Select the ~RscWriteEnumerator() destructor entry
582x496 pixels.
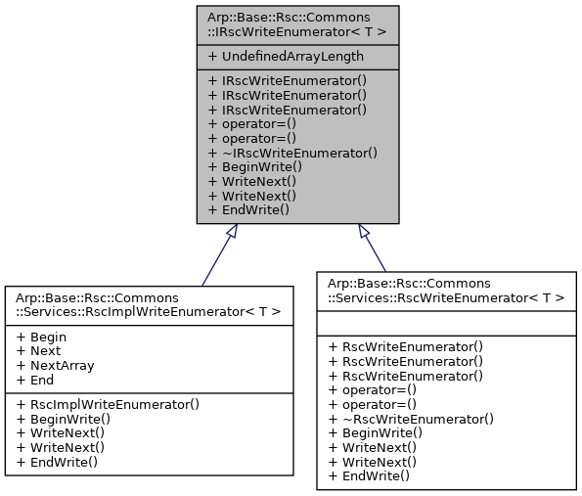click(x=411, y=419)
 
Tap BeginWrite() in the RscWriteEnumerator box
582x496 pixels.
click(x=376, y=432)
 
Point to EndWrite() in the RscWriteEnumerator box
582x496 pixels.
click(x=369, y=474)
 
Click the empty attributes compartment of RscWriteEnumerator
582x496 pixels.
click(x=445, y=322)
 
